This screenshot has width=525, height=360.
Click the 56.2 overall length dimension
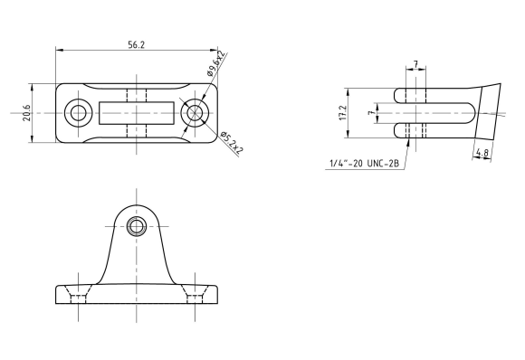click(137, 45)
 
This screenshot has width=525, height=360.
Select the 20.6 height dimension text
click(27, 113)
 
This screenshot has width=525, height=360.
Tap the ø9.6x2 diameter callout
click(216, 63)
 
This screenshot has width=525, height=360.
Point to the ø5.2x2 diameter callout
click(232, 143)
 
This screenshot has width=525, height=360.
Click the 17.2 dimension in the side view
click(343, 113)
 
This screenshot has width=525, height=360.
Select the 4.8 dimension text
click(482, 153)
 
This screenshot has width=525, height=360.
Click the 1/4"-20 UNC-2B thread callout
click(364, 164)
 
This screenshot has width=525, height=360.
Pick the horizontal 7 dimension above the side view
click(415, 64)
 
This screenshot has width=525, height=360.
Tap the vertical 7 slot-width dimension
click(370, 113)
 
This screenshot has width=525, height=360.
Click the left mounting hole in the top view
click(78, 113)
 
